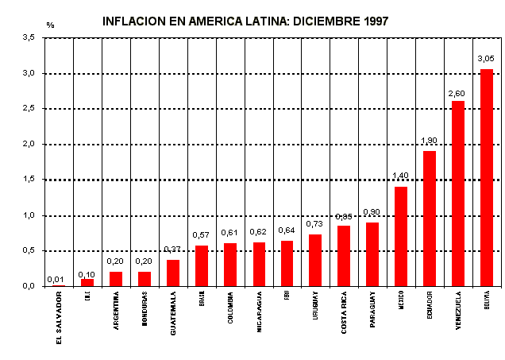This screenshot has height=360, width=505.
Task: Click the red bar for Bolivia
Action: [487, 177]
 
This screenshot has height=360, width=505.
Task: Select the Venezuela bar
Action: [458, 193]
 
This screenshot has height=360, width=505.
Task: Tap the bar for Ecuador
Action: [430, 218]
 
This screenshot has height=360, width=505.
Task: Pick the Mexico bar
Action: [401, 236]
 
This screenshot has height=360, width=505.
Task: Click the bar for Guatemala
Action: [173, 273]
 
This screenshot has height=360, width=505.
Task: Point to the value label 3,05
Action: [486, 59]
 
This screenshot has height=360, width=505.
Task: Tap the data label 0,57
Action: [201, 235]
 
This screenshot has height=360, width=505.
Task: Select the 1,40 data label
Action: [400, 176]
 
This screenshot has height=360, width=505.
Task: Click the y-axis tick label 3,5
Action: [28, 37]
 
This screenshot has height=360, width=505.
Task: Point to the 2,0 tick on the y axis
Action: [28, 144]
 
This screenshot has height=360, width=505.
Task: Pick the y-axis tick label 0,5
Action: [28, 250]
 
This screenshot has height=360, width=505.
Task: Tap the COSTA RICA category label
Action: [344, 312]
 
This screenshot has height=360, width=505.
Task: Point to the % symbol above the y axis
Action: [50, 25]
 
